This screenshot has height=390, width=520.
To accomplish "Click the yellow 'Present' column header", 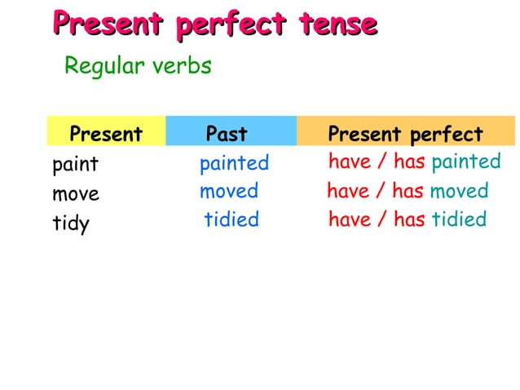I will (106, 134).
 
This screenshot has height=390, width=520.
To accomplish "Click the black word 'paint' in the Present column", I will (76, 164).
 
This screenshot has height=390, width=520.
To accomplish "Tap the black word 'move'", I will (76, 194).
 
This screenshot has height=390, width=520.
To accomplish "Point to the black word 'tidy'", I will (71, 224).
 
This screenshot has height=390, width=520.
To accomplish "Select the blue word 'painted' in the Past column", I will (234, 163).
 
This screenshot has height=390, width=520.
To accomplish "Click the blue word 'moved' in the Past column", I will (229, 192).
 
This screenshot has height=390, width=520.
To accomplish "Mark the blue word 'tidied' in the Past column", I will (231, 219).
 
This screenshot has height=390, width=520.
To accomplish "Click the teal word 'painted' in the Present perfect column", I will (465, 162).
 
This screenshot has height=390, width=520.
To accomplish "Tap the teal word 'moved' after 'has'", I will (459, 192).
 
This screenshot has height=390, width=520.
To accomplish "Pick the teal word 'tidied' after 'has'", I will (458, 219).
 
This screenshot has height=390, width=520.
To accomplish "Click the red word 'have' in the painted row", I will (350, 162).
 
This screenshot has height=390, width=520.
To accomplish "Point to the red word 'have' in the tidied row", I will (350, 219).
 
